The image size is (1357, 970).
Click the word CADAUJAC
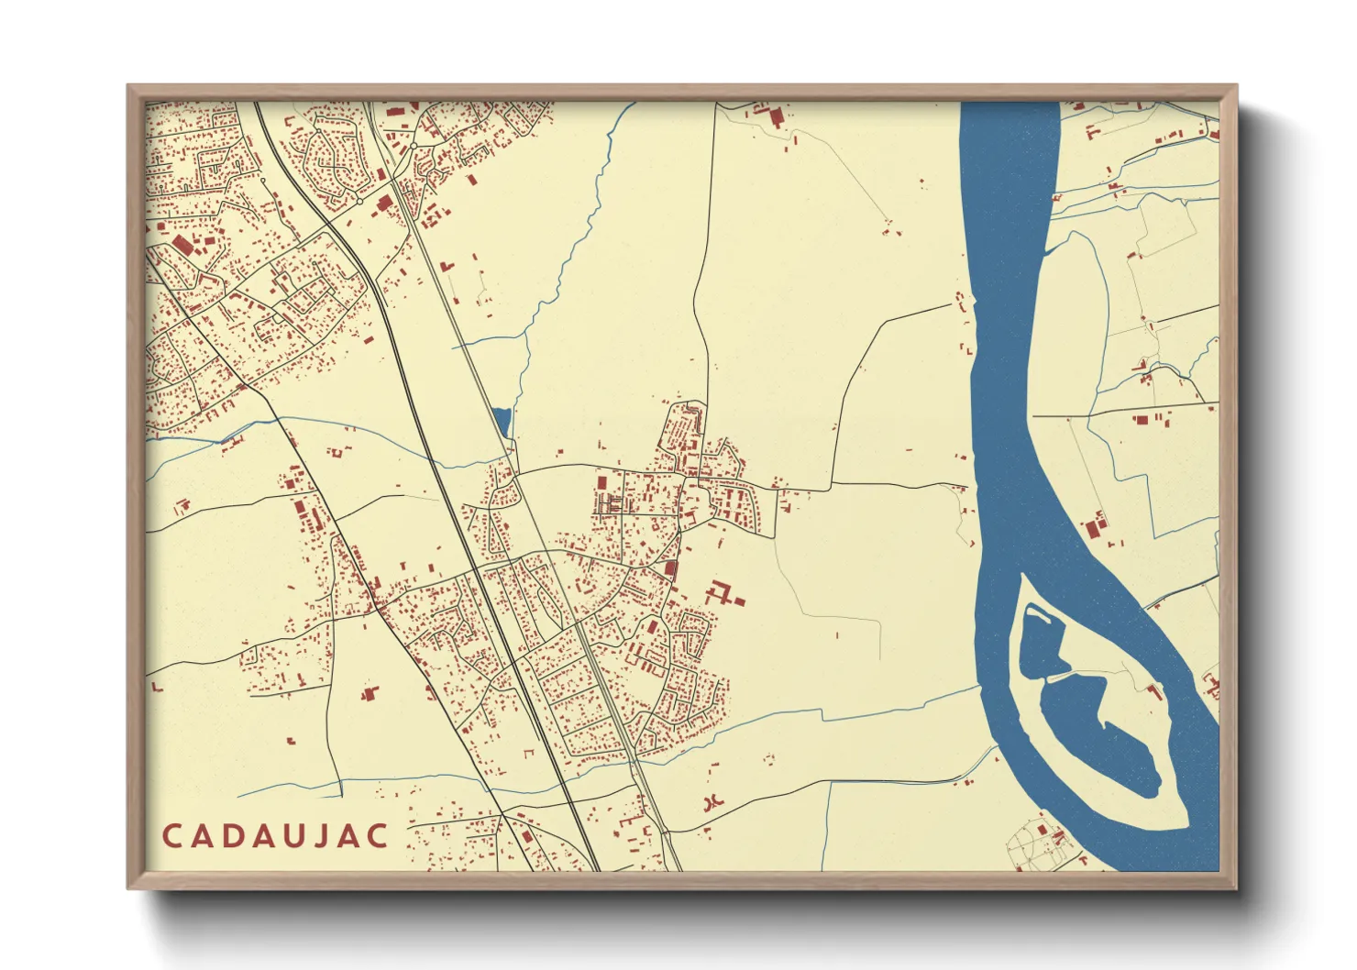pos(276,836)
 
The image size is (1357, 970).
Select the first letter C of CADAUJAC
pos(171,836)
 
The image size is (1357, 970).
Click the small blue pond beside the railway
pos(500,421)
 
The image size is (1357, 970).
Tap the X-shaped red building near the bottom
pos(711,802)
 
